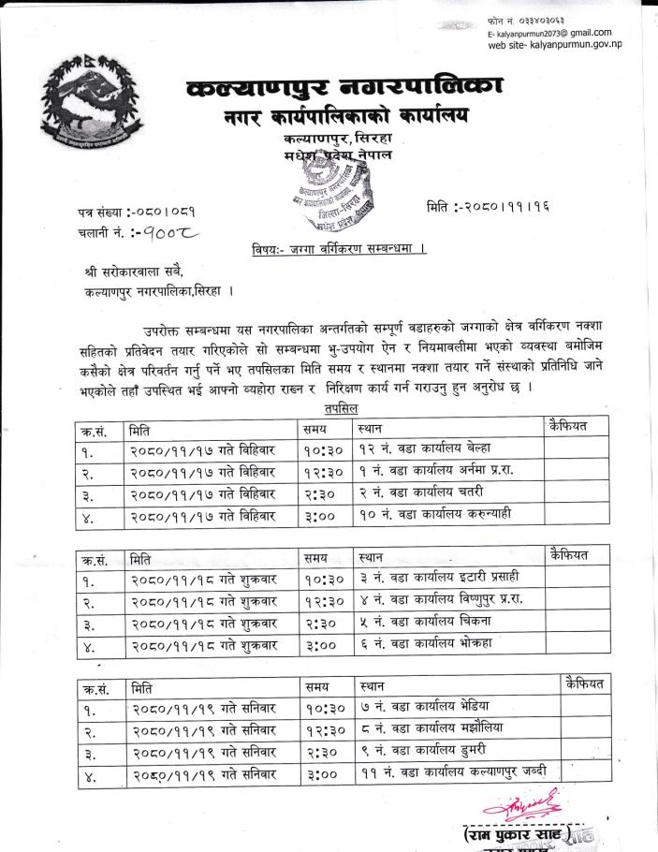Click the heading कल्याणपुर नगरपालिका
pyautogui.click(x=344, y=89)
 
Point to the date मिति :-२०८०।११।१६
pyautogui.click(x=483, y=205)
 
